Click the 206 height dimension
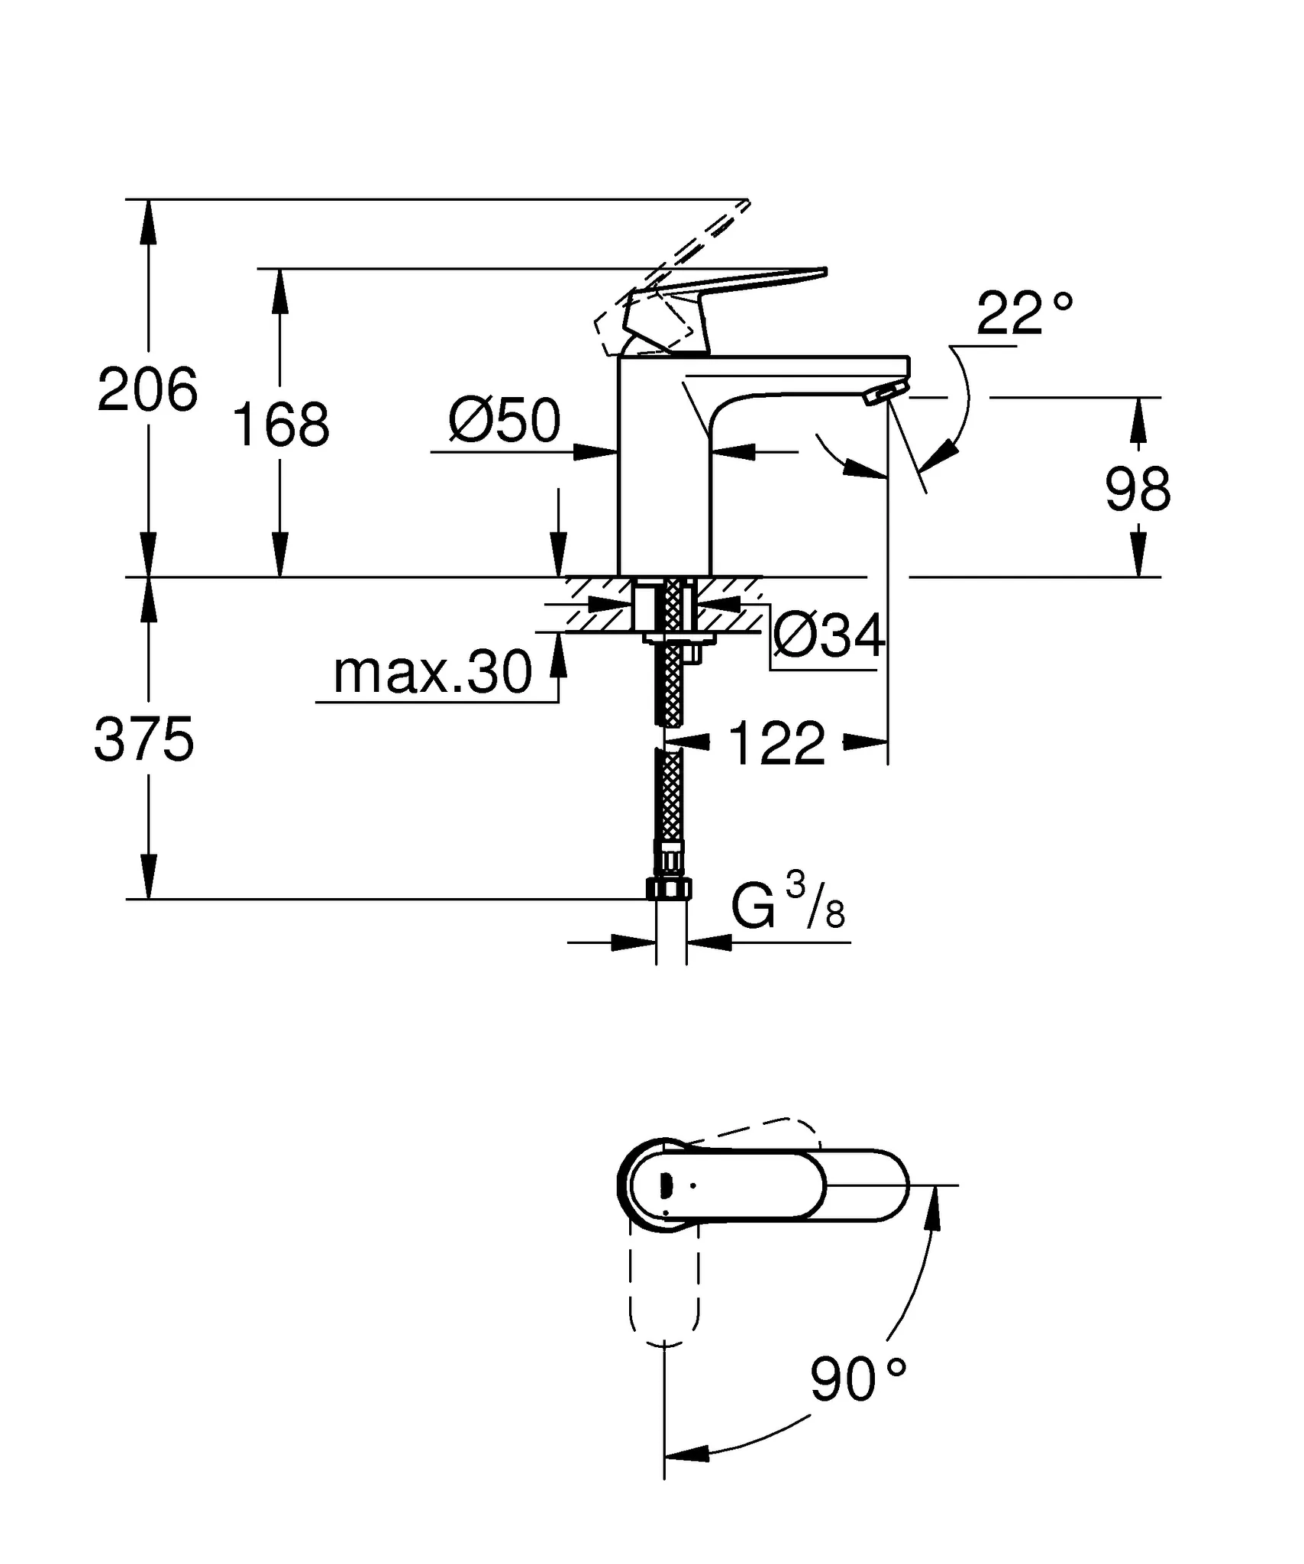(x=147, y=389)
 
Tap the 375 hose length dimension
(x=144, y=739)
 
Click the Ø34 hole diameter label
(x=829, y=635)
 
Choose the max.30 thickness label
(x=432, y=673)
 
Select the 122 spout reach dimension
(x=776, y=743)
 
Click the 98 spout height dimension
(x=1137, y=490)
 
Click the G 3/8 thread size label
(x=787, y=907)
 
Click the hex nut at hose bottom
(x=670, y=888)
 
